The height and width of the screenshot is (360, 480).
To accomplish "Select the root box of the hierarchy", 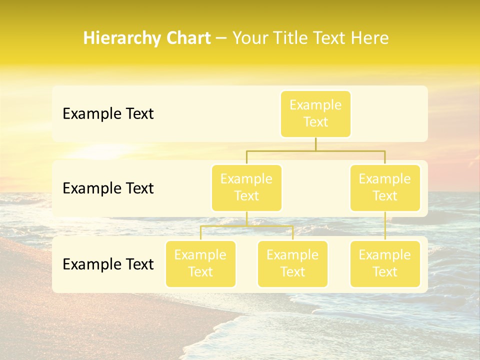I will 315,113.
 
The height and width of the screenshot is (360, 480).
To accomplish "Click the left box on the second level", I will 246,187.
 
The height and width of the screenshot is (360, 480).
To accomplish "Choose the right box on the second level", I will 385,187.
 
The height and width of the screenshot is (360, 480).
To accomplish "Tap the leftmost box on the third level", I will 200,263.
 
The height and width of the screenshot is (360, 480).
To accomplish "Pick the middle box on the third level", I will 292,263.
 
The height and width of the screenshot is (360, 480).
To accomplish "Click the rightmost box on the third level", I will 385,263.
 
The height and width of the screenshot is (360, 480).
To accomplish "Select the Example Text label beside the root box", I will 108,114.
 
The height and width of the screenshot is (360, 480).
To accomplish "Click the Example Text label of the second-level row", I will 108,188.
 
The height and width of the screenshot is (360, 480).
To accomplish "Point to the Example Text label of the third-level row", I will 108,264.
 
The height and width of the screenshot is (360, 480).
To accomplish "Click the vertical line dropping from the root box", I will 315,144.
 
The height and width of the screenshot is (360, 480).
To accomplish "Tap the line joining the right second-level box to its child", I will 385,226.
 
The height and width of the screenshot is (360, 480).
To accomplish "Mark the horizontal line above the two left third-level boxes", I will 246,226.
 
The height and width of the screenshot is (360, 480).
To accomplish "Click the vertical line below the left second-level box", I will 246,218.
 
